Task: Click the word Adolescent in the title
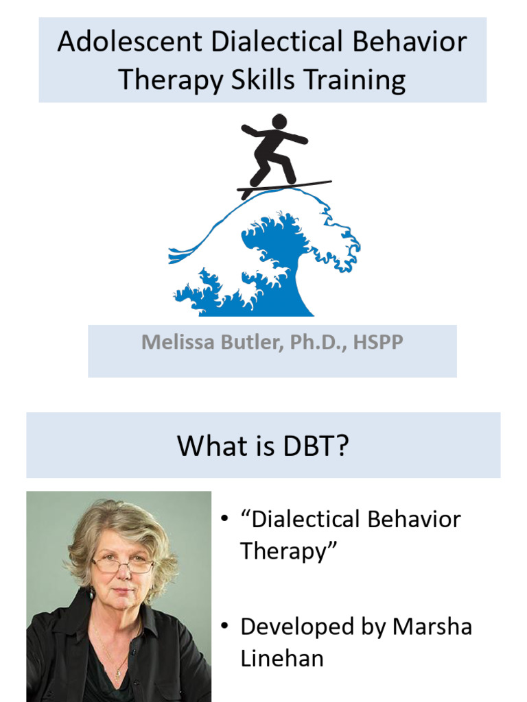click(130, 43)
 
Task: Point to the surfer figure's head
click(279, 121)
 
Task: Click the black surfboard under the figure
click(285, 186)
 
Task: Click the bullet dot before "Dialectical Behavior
click(224, 519)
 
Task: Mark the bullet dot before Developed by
click(224, 627)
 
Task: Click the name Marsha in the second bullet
click(432, 627)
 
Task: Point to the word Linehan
click(282, 658)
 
